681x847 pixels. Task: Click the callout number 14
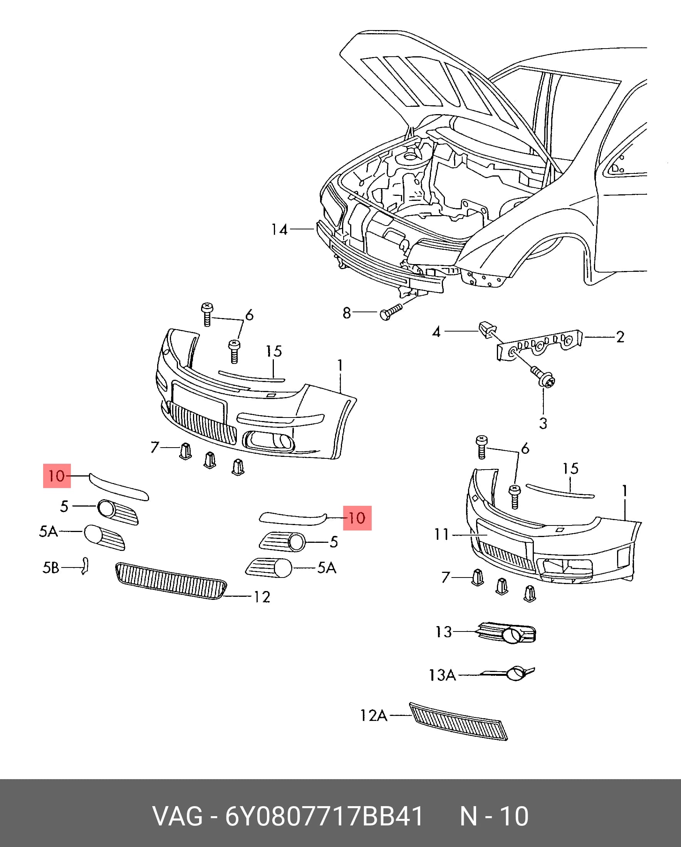click(280, 229)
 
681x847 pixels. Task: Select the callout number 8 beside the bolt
click(347, 313)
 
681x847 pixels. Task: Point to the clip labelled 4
click(487, 329)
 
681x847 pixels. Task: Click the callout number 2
click(620, 337)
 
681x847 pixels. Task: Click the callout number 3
click(543, 423)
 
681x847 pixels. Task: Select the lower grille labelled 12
click(171, 581)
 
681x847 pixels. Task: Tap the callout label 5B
click(50, 567)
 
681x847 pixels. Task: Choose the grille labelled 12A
click(458, 721)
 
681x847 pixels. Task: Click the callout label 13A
click(442, 675)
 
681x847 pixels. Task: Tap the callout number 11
click(441, 534)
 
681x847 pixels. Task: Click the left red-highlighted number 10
click(57, 476)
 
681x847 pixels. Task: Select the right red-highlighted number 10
click(357, 518)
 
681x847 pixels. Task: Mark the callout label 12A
click(374, 716)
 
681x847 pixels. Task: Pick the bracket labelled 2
click(540, 345)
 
